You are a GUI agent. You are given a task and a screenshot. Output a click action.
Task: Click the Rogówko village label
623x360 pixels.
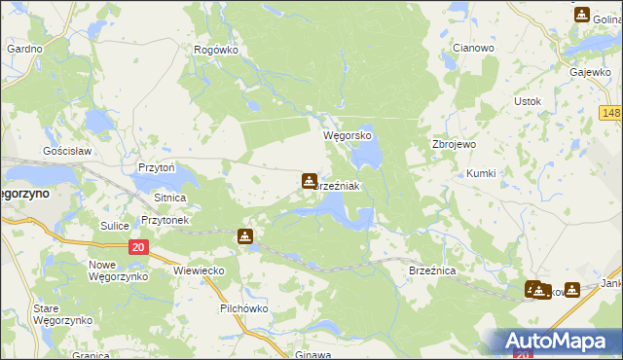tap(216, 50)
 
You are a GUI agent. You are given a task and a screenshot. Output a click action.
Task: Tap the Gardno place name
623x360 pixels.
tap(24, 48)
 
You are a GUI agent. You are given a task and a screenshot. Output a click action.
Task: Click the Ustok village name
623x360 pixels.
tap(528, 101)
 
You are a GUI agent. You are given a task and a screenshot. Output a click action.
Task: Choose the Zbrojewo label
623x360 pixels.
tap(453, 144)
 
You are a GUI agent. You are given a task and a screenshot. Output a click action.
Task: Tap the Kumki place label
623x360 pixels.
tap(481, 173)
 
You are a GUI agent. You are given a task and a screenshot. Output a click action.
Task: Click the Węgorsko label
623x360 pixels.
tap(348, 137)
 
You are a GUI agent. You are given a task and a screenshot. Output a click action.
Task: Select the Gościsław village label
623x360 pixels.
tap(66, 152)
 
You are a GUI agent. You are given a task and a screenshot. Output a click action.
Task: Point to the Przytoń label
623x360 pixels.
tap(156, 167)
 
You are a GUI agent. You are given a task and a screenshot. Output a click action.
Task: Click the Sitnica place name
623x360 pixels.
tap(169, 197)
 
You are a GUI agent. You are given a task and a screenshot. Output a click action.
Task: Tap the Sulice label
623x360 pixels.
tap(115, 226)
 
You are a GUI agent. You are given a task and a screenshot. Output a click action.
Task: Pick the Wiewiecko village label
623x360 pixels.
tap(199, 270)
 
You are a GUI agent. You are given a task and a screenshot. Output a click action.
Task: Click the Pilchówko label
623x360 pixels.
tap(243, 308)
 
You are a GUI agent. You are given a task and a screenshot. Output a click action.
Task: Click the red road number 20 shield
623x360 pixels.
tap(138, 248)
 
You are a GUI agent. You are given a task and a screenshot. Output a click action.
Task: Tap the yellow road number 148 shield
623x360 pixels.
tap(610, 114)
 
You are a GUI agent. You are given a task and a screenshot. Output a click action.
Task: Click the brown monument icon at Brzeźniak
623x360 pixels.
tap(309, 180)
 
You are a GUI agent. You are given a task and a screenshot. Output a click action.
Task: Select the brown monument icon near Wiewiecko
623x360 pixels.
tap(244, 235)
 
